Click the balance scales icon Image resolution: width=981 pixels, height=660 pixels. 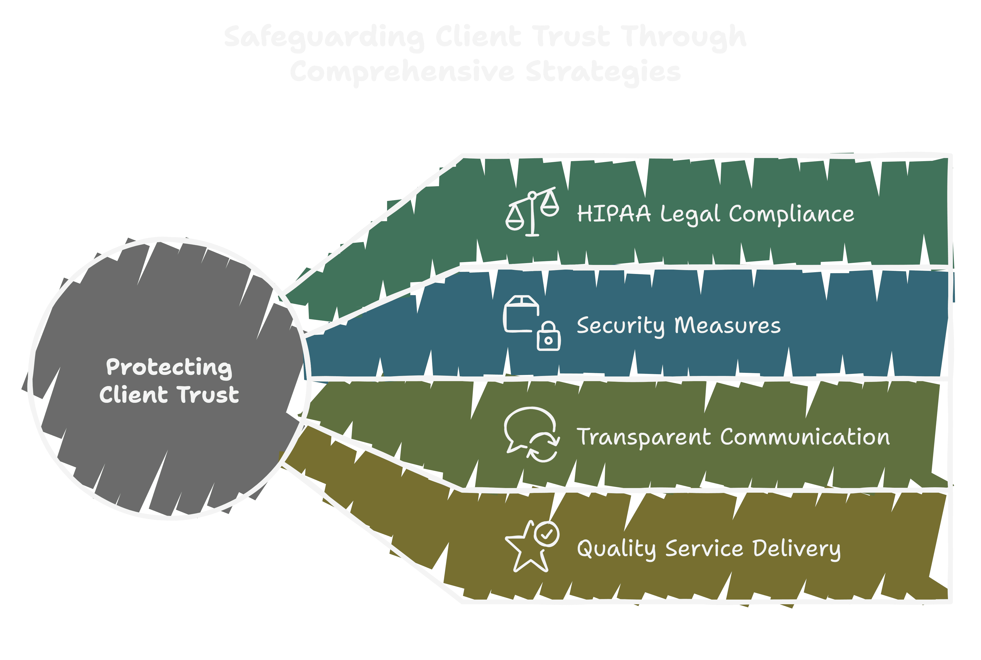[532, 212]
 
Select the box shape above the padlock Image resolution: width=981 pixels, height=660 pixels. [521, 313]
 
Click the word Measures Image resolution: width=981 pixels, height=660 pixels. [728, 325]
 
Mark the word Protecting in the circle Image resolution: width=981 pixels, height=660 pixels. [169, 367]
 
